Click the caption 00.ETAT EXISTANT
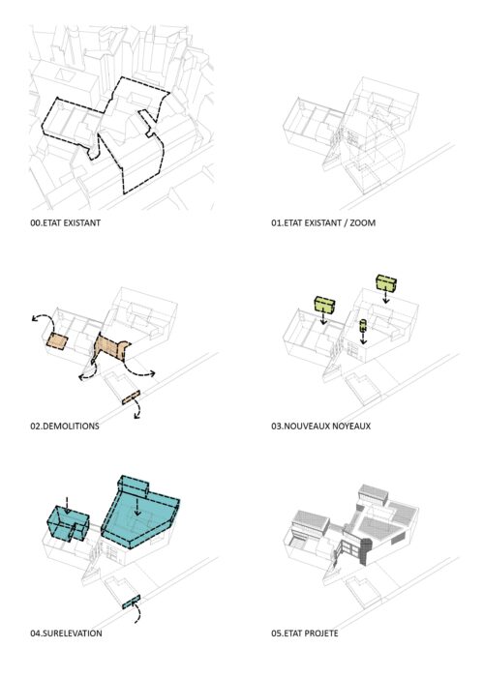(65, 223)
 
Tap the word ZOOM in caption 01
(362, 223)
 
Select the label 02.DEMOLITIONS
(65, 427)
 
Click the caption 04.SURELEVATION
(66, 633)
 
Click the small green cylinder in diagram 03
(363, 326)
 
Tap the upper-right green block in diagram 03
(386, 282)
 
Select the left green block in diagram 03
(325, 305)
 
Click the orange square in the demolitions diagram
(57, 341)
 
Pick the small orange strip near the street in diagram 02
(131, 397)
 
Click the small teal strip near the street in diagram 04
(131, 602)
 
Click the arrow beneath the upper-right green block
(385, 297)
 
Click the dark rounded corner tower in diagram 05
(367, 551)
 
